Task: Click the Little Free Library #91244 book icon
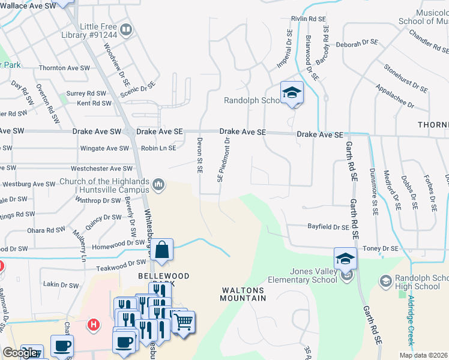click(126, 30)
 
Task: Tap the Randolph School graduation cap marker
click(292, 93)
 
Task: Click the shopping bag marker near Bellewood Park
click(163, 250)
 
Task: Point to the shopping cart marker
click(183, 322)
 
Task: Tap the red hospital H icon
click(93, 325)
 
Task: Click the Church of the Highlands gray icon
click(158, 184)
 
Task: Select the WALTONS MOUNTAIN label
click(243, 294)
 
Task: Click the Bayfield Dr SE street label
click(328, 227)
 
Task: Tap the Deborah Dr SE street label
click(357, 43)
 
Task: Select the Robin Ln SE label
click(158, 148)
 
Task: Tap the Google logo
click(20, 353)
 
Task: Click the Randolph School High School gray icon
click(385, 280)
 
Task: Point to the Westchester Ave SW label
click(101, 169)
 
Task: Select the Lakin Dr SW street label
click(61, 285)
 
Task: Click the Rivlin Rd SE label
click(308, 19)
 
